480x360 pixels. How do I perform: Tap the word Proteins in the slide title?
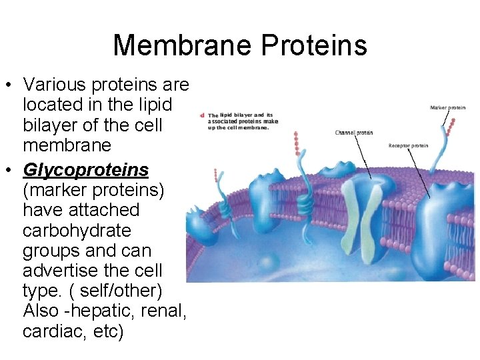[x=314, y=45]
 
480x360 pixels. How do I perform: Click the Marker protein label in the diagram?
[x=448, y=107]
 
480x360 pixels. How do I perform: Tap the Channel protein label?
[x=354, y=133]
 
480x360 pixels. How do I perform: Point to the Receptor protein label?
[x=408, y=146]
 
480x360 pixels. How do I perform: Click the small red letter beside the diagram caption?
[x=201, y=115]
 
